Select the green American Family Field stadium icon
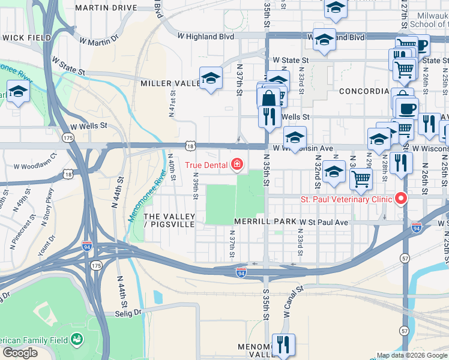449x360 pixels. point(77,340)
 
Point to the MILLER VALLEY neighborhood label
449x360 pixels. point(170,83)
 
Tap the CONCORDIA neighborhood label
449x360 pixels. point(364,91)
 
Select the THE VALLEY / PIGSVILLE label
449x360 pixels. point(170,220)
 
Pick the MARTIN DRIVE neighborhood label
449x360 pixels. point(107,8)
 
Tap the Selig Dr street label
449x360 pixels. point(127,313)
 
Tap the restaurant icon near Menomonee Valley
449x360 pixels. point(283,344)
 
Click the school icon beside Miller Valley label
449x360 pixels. point(211,78)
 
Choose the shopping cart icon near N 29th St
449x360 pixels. point(361,178)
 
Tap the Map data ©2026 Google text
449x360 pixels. point(412,355)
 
